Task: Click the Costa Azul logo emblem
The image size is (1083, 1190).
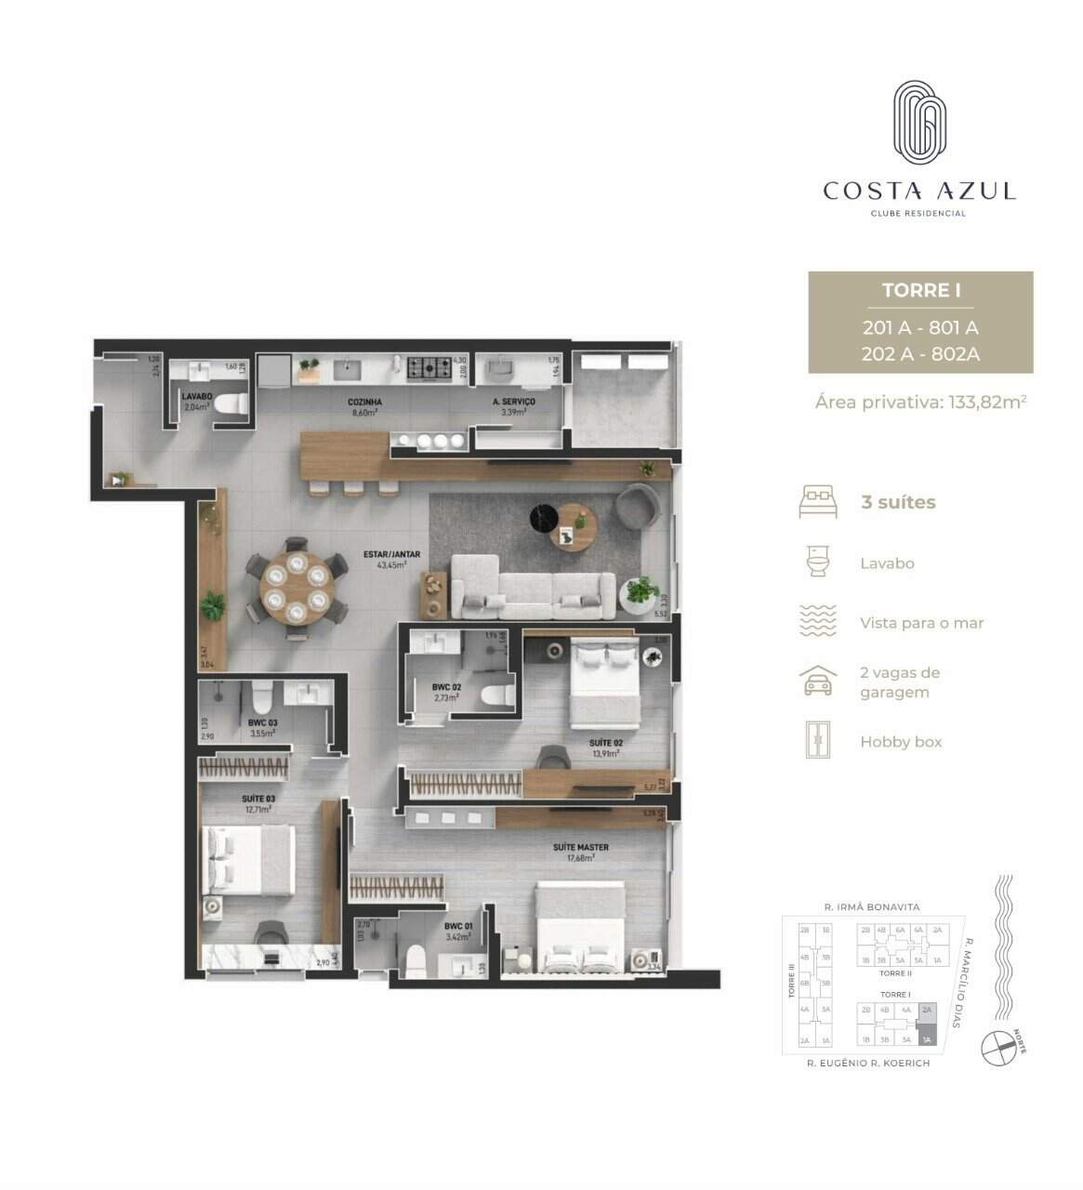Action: [919, 122]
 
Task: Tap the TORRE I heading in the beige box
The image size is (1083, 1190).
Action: [920, 290]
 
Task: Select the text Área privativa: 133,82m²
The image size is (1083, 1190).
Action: [920, 402]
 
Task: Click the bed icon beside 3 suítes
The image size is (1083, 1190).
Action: [818, 502]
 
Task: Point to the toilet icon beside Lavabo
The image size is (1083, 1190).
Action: [818, 562]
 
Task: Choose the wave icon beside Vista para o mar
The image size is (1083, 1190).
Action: [818, 622]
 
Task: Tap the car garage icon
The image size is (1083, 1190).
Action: [818, 681]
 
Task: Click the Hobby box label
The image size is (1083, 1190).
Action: [900, 742]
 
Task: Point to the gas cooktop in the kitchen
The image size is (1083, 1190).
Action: [430, 369]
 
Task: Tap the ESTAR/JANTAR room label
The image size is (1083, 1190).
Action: [391, 555]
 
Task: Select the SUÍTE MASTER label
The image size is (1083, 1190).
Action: [580, 848]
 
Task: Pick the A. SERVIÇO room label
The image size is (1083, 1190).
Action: [513, 403]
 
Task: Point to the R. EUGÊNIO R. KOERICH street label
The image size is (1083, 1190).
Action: [867, 1063]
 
